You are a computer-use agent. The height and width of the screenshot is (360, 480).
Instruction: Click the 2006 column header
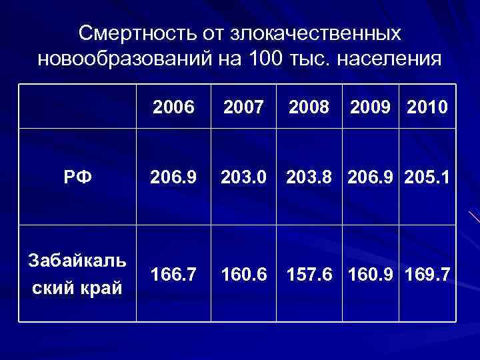pos(173,107)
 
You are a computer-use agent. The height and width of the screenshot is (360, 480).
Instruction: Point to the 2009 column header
pos(370,107)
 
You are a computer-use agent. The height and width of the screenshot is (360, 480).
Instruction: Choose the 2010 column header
pos(427,107)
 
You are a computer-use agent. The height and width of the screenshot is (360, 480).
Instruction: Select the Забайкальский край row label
pos(77,275)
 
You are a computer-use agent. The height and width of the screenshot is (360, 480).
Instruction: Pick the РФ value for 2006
pos(173,177)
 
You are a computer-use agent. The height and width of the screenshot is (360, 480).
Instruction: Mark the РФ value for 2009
pos(370,177)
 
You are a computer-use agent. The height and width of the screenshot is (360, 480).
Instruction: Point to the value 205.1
pos(427,177)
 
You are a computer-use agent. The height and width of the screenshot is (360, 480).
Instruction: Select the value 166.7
pos(173,274)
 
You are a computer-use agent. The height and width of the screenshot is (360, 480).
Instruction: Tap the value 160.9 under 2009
pos(370,274)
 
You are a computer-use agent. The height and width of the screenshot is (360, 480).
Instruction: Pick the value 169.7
pos(427,274)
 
